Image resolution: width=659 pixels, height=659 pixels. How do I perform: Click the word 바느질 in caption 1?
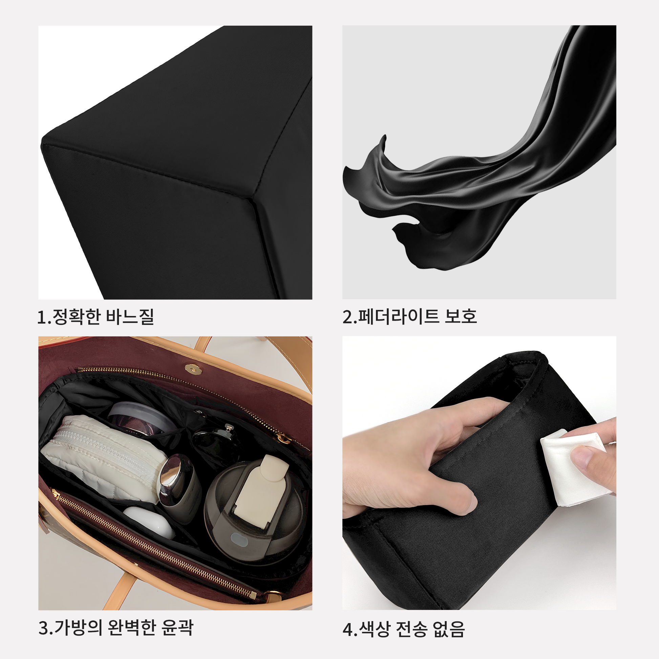tap(130, 317)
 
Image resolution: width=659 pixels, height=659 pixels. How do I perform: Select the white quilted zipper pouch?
tap(104, 457)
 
